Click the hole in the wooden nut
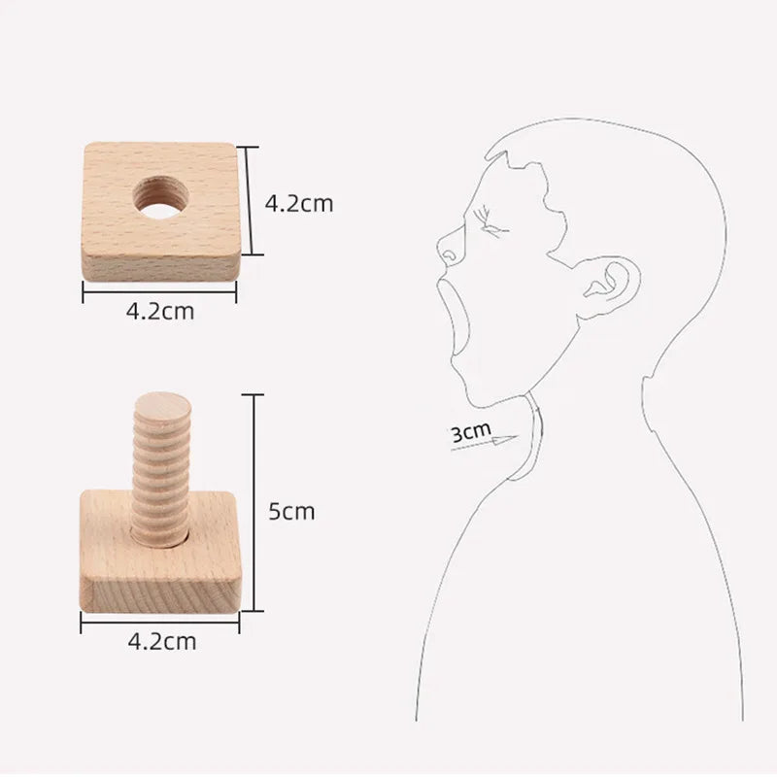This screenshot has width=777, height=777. (161, 198)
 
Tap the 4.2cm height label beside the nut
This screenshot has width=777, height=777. (299, 204)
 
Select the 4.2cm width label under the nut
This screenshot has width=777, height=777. (160, 311)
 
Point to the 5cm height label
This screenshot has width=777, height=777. (291, 511)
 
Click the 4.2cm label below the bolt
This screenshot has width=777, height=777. (162, 642)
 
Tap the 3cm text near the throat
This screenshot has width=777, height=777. (471, 432)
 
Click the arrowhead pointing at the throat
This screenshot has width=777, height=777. (506, 439)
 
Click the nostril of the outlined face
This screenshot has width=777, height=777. (450, 256)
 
